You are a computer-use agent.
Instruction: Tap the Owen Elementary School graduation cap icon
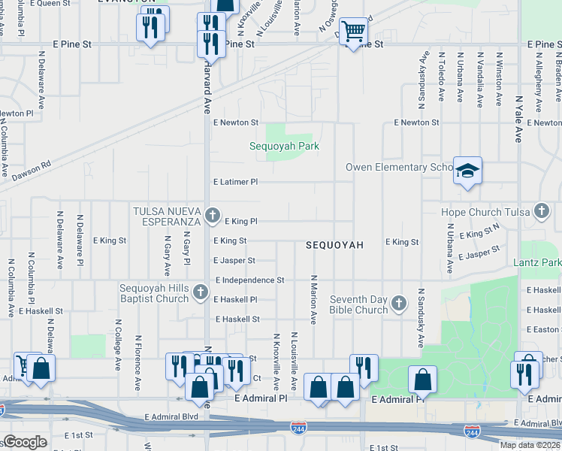[467, 171]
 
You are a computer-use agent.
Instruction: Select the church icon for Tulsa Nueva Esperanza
[212, 216]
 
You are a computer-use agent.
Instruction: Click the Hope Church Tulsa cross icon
[541, 212]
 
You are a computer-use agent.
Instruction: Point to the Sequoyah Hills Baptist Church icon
[200, 292]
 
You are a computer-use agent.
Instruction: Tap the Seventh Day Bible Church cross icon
[398, 304]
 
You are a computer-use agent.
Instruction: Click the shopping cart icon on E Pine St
[352, 32]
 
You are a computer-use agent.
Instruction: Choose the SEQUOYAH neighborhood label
[334, 246]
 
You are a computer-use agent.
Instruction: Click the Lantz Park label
[536, 262]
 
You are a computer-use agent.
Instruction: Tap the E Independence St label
[249, 280]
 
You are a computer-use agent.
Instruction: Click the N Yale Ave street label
[518, 119]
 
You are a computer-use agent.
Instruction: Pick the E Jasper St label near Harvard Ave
[234, 261]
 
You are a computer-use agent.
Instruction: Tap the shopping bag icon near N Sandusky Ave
[422, 378]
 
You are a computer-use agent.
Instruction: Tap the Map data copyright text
[530, 445]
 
